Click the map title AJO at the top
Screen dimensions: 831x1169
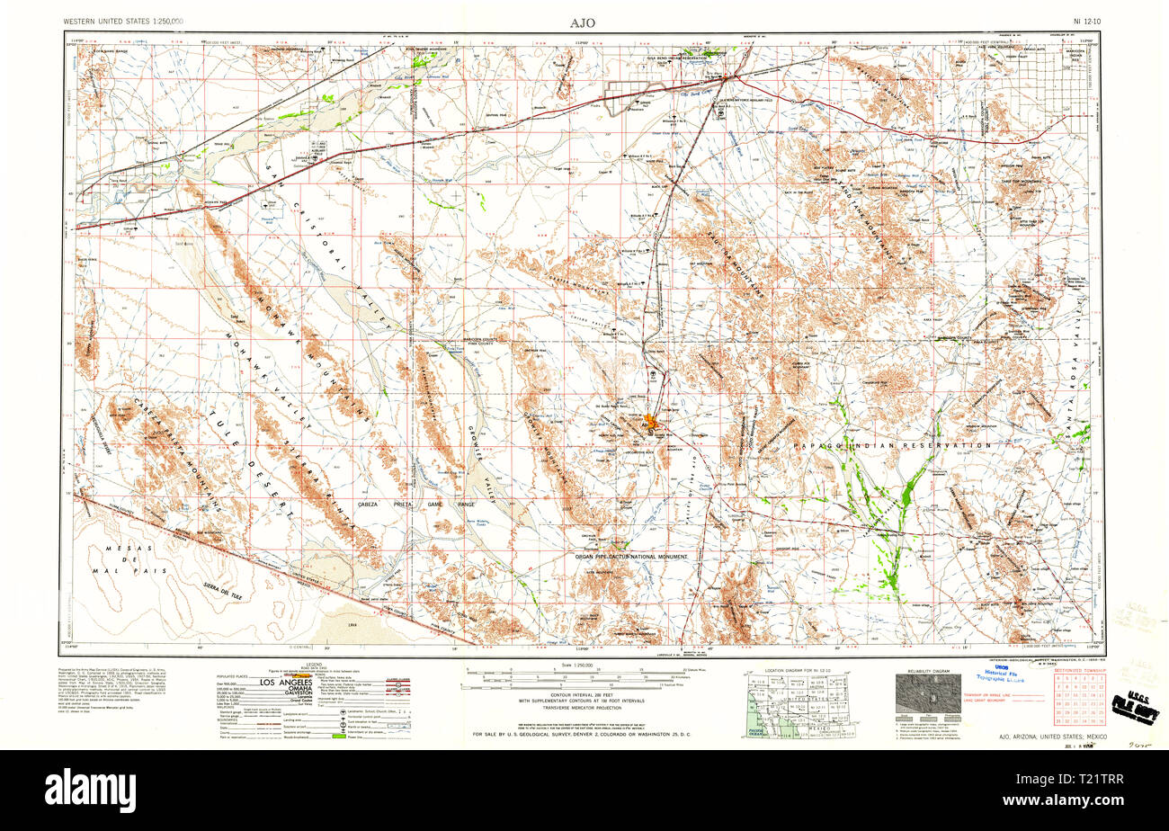pyautogui.click(x=582, y=22)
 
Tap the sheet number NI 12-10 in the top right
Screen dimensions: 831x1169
pyautogui.click(x=1088, y=20)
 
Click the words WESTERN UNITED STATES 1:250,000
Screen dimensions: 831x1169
pyautogui.click(x=123, y=20)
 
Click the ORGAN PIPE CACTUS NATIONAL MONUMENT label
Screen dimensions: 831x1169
pyautogui.click(x=631, y=557)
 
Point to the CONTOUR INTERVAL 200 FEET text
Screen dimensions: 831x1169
pyautogui.click(x=582, y=692)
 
